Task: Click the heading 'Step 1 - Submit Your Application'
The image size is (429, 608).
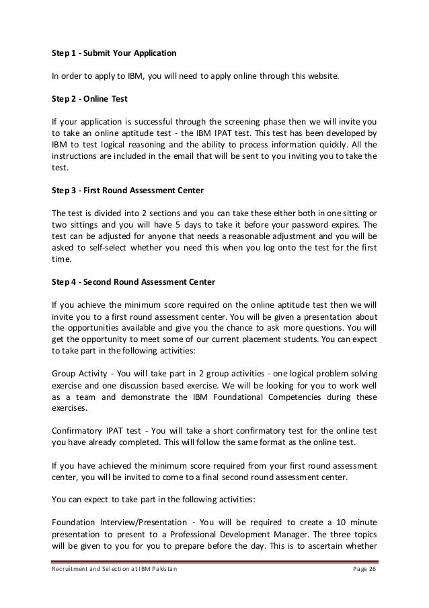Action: point(114,52)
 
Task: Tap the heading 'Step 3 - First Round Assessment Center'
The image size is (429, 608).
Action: point(128,191)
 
